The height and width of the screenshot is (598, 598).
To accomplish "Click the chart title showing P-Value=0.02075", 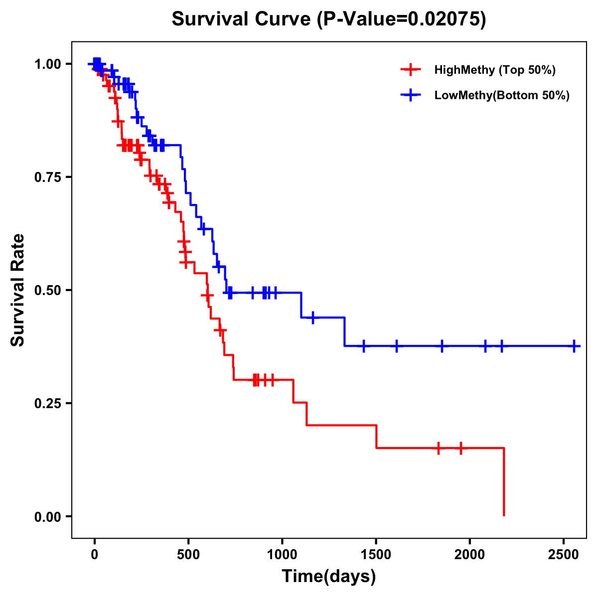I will (329, 19).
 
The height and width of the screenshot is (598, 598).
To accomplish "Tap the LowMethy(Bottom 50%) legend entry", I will (501, 96).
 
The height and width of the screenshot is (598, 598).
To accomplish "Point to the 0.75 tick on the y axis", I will (49, 177).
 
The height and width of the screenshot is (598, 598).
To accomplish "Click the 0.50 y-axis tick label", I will (49, 290).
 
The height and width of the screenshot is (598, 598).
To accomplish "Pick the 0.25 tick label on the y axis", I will (49, 403).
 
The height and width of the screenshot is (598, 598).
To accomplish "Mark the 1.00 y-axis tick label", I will (49, 64).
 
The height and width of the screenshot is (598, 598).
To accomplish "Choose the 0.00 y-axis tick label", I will (49, 516).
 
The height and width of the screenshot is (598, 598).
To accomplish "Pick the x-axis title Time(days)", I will (329, 577).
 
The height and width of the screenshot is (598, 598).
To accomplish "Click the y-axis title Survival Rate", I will (18, 290).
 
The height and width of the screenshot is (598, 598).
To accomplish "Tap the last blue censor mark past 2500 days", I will (574, 346).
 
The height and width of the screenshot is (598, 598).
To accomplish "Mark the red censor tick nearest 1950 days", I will (460, 448).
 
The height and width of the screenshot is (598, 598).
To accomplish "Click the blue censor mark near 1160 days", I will (313, 317).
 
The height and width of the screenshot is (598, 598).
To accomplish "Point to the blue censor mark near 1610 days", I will (397, 346).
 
